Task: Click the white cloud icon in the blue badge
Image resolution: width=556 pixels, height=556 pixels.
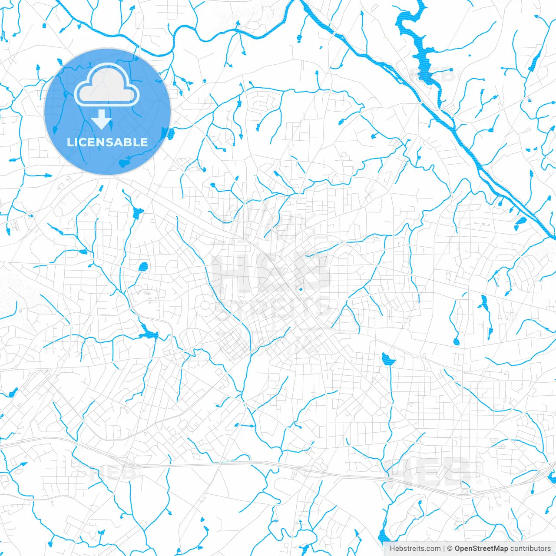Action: [107, 86]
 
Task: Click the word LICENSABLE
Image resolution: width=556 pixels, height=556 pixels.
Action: [107, 142]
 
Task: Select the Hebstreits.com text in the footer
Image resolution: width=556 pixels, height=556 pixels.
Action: [415, 549]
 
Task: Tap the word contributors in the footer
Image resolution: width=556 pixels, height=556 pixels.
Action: [530, 549]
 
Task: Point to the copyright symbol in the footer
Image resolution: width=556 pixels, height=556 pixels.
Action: [450, 549]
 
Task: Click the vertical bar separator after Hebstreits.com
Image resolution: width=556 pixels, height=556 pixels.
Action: [444, 549]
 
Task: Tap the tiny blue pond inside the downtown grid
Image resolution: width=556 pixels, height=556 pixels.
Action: [300, 289]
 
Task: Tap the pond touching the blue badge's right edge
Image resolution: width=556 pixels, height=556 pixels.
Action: [165, 133]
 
